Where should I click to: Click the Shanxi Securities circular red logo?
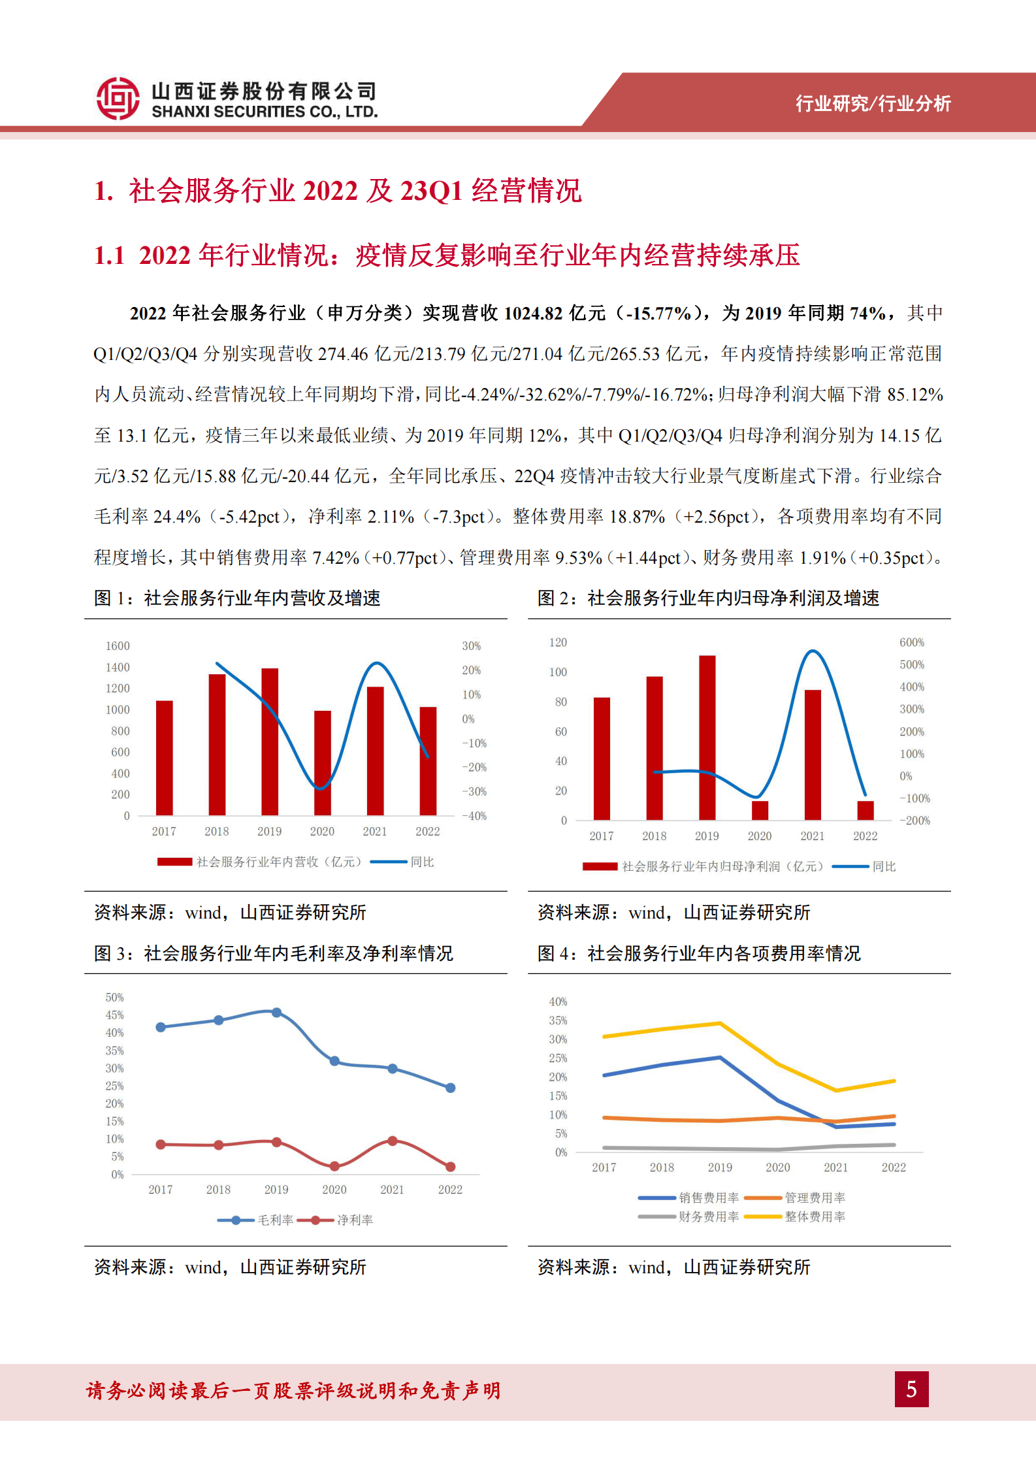point(118,99)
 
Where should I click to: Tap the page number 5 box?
point(911,1389)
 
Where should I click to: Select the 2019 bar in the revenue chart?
point(270,741)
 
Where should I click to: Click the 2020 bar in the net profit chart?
point(760,810)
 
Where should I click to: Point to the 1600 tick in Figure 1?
point(118,646)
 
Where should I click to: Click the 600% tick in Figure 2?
point(911,643)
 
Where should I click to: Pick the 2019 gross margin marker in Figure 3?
point(276,1013)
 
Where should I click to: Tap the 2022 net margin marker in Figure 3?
point(450,1166)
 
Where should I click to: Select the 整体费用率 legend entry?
point(815,1216)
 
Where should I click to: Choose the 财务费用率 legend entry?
point(708,1216)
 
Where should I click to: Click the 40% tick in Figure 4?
point(558,1002)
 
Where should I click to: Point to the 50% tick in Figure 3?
point(114,998)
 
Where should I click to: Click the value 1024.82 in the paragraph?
point(534,314)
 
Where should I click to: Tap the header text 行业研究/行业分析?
point(873,103)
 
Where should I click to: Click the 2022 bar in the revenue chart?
point(428,761)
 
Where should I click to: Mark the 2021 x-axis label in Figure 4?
point(835,1167)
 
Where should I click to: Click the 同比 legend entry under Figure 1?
point(421,862)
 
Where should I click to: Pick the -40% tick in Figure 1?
point(475,816)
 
